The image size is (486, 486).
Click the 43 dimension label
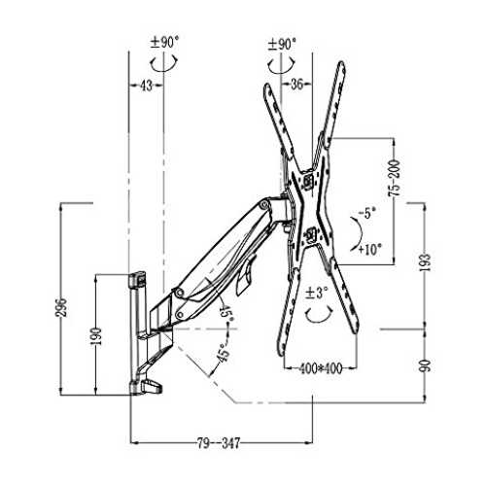click(x=146, y=86)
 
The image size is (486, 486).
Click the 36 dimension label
click(x=296, y=85)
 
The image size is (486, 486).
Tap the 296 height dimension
click(x=63, y=307)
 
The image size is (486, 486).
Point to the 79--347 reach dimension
click(x=219, y=443)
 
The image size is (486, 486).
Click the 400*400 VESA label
click(x=320, y=368)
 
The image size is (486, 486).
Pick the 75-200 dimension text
click(x=395, y=178)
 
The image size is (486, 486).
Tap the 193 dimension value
click(x=426, y=261)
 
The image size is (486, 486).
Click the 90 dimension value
click(x=427, y=365)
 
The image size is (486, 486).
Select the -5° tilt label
click(x=366, y=213)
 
